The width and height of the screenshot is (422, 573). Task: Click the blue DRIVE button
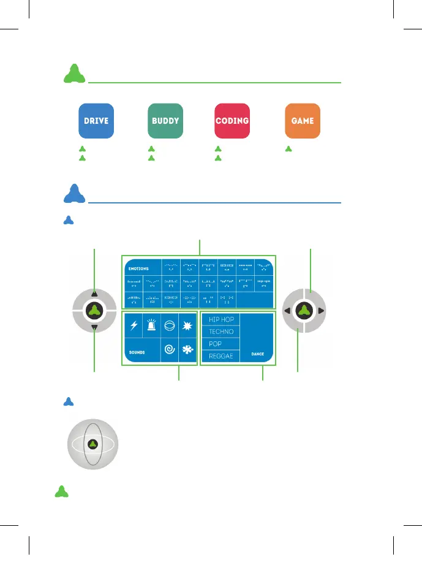pyautogui.click(x=96, y=121)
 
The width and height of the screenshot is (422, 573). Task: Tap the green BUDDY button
pyautogui.click(x=165, y=121)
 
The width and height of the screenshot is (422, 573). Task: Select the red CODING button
pyautogui.click(x=232, y=121)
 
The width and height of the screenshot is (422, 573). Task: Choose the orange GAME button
pyautogui.click(x=303, y=121)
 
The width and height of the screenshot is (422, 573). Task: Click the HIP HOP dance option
pyautogui.click(x=221, y=320)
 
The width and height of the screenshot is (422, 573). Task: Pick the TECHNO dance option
pyautogui.click(x=221, y=332)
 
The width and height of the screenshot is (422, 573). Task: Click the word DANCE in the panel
pyautogui.click(x=257, y=354)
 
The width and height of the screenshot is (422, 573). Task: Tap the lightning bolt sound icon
pyautogui.click(x=134, y=325)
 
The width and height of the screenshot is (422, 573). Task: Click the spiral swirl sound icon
pyautogui.click(x=169, y=349)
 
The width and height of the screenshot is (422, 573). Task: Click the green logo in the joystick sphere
pyautogui.click(x=92, y=444)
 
